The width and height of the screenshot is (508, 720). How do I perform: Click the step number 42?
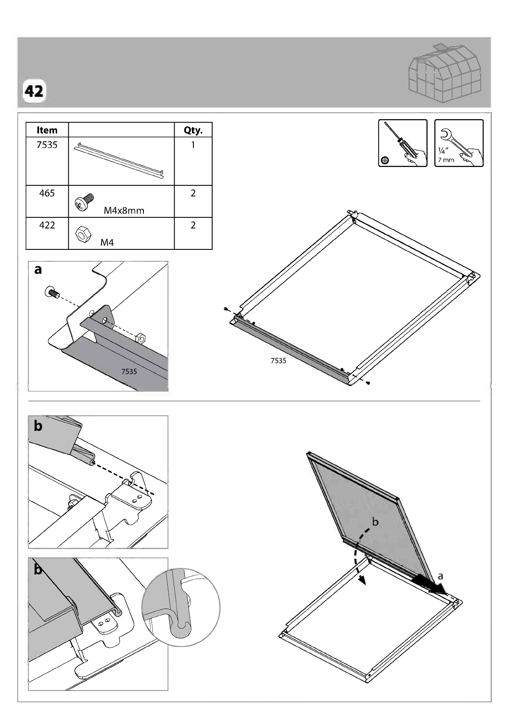point(34,91)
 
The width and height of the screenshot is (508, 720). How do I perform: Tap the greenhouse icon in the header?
point(445,73)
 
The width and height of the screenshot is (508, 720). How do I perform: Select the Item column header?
point(47,130)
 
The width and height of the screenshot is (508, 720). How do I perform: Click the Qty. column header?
point(193,130)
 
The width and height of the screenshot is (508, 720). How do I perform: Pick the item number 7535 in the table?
point(47,145)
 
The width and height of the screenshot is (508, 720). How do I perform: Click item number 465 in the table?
point(47,193)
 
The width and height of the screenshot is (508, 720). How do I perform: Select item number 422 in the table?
point(47,225)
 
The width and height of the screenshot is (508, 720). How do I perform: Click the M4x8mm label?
point(124,211)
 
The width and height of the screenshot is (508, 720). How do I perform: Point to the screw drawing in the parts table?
point(84,202)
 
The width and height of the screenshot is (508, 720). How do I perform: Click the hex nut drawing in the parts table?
point(83,234)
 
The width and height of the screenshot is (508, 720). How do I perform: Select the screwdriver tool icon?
point(403,143)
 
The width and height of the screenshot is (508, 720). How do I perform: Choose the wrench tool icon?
point(459,143)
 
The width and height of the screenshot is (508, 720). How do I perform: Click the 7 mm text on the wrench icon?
point(446,160)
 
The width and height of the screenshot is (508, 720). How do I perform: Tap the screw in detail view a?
point(52,292)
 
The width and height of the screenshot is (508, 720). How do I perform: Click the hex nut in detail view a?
point(140,338)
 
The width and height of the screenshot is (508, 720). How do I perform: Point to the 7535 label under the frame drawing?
point(278,361)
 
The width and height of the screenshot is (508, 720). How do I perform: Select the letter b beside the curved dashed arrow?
point(375,521)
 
